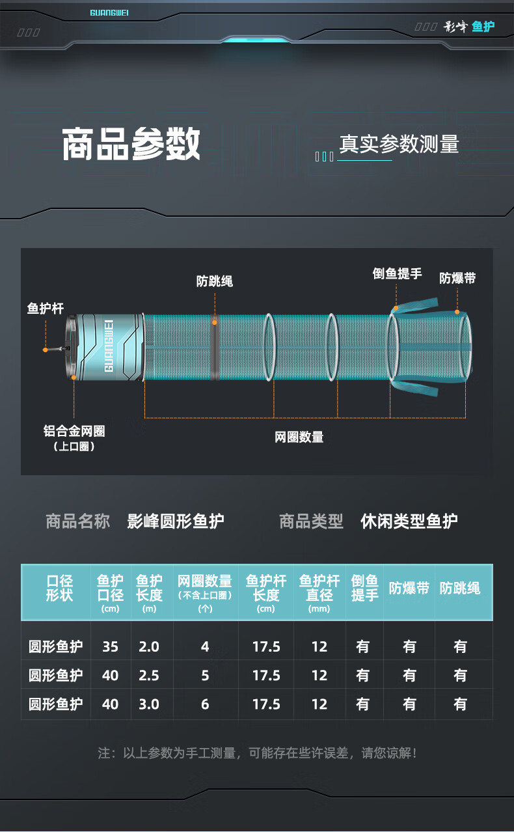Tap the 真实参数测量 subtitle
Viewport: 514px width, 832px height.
tap(399, 145)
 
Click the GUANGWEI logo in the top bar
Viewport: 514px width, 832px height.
tap(109, 12)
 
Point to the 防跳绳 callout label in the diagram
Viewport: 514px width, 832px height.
tap(214, 281)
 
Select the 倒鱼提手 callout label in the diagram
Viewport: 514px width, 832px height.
tap(397, 273)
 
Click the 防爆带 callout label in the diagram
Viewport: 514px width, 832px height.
tap(457, 278)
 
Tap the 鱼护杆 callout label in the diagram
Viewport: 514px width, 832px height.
tap(46, 308)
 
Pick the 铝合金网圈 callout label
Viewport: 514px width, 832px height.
tap(74, 431)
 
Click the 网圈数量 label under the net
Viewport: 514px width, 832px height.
tap(299, 437)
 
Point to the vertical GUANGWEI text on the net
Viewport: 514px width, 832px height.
tap(109, 345)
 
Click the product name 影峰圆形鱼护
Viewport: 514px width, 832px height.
tap(176, 521)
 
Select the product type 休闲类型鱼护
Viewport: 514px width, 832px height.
tap(409, 521)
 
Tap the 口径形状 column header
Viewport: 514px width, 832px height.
tap(59, 588)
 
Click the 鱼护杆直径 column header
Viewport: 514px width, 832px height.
tap(319, 588)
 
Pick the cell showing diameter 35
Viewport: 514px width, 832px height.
tap(111, 646)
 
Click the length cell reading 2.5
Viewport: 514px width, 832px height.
tap(149, 675)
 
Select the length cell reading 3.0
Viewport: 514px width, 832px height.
tap(149, 704)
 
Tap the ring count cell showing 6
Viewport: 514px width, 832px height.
tap(205, 704)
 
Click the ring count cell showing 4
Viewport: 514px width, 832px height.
tap(205, 646)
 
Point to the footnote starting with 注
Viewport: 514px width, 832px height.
tap(257, 753)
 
